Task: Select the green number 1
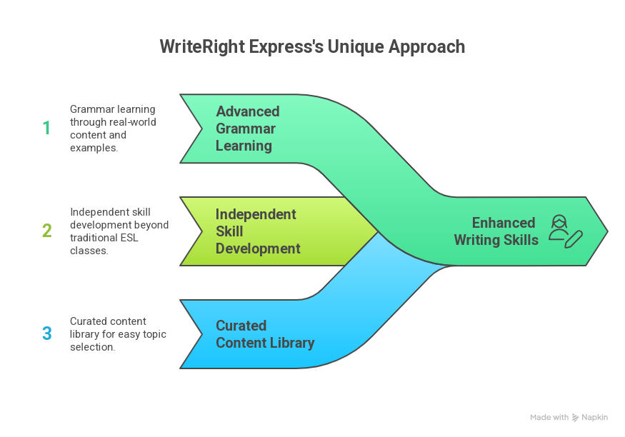46,129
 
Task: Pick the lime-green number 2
46,231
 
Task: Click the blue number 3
46,333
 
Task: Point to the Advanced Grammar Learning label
248,129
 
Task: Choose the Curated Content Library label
265,334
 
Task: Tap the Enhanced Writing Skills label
496,231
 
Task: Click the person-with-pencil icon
564,231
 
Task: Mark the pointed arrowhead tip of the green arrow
606,231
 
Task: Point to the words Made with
549,418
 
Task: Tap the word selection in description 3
93,347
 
